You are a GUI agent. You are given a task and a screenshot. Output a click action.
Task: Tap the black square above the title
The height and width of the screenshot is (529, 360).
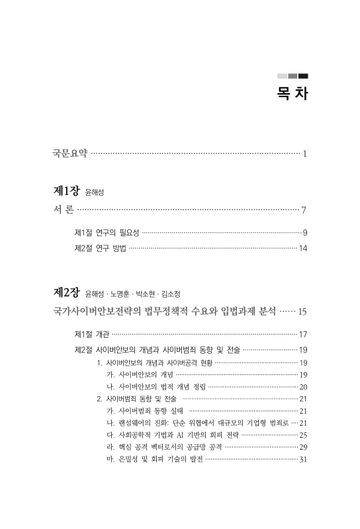click(x=303, y=75)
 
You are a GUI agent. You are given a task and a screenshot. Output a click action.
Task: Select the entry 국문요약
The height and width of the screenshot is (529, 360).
click(x=69, y=154)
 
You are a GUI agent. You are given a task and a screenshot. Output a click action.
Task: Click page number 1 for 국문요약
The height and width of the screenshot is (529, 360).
click(x=304, y=154)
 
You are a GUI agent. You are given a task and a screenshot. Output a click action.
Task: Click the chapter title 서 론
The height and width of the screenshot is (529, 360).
click(x=64, y=211)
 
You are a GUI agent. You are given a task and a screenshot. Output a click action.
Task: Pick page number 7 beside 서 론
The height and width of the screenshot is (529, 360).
click(x=303, y=212)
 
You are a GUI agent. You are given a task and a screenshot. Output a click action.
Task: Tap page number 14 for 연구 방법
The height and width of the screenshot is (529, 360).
click(x=302, y=249)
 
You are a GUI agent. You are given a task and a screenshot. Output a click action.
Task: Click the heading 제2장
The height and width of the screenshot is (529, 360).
click(x=67, y=292)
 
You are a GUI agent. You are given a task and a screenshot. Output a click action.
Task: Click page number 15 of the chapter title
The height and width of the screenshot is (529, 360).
click(x=302, y=310)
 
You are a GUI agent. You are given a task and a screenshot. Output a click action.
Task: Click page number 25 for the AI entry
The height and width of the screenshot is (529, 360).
click(x=303, y=435)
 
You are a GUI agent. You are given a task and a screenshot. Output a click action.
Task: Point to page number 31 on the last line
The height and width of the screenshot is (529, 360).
click(x=303, y=459)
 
